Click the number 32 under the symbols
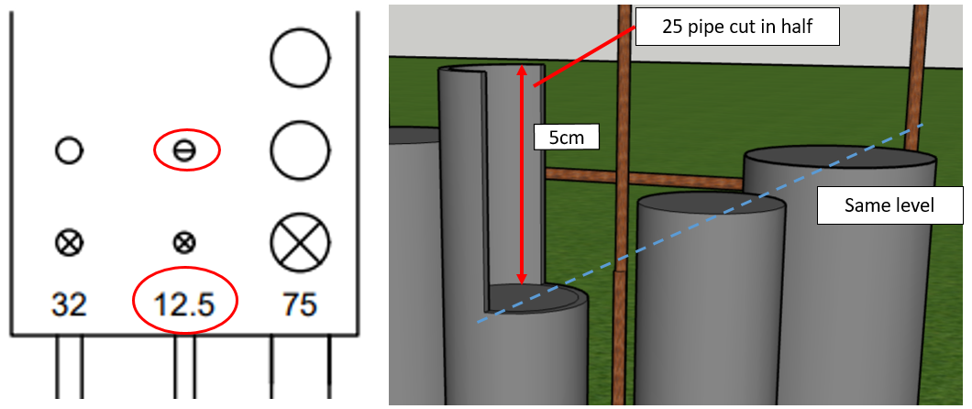pyautogui.click(x=69, y=304)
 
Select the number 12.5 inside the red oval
pyautogui.click(x=184, y=304)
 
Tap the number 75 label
pyautogui.click(x=299, y=304)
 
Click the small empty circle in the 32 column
pyautogui.click(x=69, y=149)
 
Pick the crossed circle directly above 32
pyautogui.click(x=69, y=242)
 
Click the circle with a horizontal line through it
pyautogui.click(x=184, y=149)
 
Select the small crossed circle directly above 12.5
pyautogui.click(x=184, y=242)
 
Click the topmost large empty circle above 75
pyautogui.click(x=300, y=57)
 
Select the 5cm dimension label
pyautogui.click(x=566, y=138)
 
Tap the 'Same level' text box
pyautogui.click(x=889, y=204)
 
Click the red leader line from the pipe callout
pyautogui.click(x=584, y=56)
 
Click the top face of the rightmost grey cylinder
pyautogui.click(x=839, y=158)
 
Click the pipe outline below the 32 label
pyautogui.click(x=70, y=367)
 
